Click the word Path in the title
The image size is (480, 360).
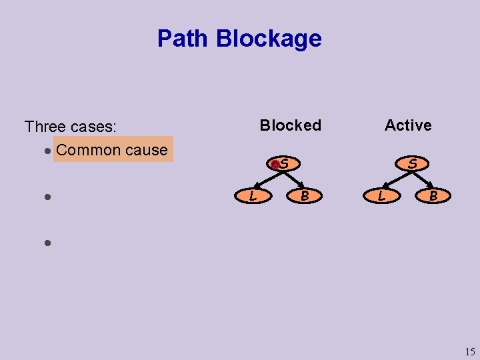(183, 39)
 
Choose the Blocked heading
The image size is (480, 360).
(290, 125)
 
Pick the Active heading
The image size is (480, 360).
(408, 125)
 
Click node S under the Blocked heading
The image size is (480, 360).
(284, 163)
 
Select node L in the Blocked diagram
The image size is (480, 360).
(252, 196)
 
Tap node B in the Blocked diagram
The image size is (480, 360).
(304, 196)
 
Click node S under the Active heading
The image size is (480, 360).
(413, 163)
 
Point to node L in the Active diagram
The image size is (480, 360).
(381, 196)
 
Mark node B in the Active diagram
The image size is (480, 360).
(433, 196)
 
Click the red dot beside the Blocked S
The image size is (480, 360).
(275, 164)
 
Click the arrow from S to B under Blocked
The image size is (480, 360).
(293, 179)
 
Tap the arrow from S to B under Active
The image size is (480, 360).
(422, 179)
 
